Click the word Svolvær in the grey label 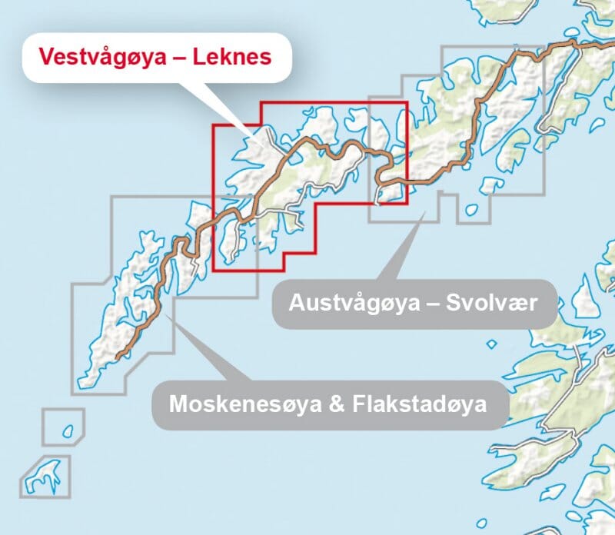[502, 303]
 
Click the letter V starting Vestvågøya [45, 57]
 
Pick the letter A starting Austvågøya [296, 303]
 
